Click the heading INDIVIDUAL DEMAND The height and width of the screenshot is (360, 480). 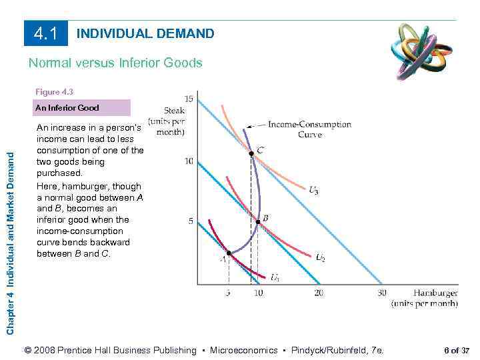146,33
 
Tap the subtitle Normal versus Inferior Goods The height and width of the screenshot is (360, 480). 115,63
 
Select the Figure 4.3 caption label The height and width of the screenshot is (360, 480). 57,92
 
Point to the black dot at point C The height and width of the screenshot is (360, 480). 251,153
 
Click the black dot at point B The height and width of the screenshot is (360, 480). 258,221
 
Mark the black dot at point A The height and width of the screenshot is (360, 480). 228,253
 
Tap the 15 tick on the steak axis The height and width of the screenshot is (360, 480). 189,99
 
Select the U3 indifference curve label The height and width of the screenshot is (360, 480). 313,190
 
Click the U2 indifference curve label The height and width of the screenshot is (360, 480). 320,257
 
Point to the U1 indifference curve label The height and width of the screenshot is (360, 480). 275,277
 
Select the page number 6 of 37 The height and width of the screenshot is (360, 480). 457,351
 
